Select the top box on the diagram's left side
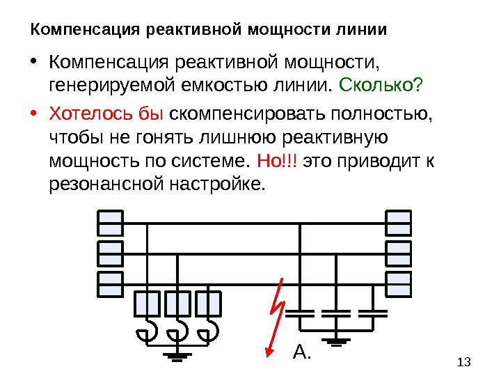click(x=110, y=224)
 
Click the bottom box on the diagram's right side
click(x=398, y=283)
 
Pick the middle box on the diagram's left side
click(x=110, y=253)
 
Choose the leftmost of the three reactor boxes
click(x=147, y=304)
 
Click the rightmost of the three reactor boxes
click(x=209, y=304)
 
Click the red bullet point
click(x=35, y=113)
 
